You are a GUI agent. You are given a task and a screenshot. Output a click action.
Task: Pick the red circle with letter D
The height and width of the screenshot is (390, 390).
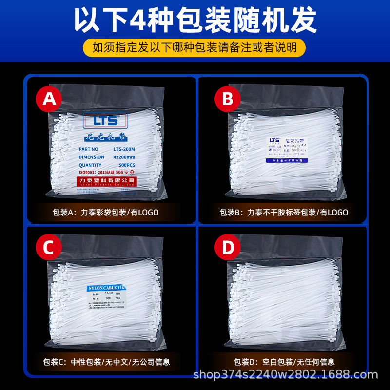pyautogui.click(x=228, y=248)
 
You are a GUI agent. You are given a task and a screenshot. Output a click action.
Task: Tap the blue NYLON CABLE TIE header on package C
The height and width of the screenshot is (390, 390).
pyautogui.click(x=106, y=288)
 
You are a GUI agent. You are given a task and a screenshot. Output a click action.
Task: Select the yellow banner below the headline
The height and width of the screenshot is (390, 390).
pyautogui.click(x=195, y=47)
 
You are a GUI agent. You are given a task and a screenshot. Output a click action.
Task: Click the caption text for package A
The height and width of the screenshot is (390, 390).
pyautogui.click(x=105, y=213)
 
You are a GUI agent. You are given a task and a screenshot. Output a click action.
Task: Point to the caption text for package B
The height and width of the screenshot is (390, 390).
pyautogui.click(x=284, y=213)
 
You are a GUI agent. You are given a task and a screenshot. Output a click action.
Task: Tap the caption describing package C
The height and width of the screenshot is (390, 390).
pyautogui.click(x=105, y=362)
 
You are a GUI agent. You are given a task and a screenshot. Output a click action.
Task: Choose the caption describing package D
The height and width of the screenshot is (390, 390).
pyautogui.click(x=284, y=362)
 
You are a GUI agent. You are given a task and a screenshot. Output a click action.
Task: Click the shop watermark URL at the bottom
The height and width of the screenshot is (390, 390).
pyautogui.click(x=286, y=375)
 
